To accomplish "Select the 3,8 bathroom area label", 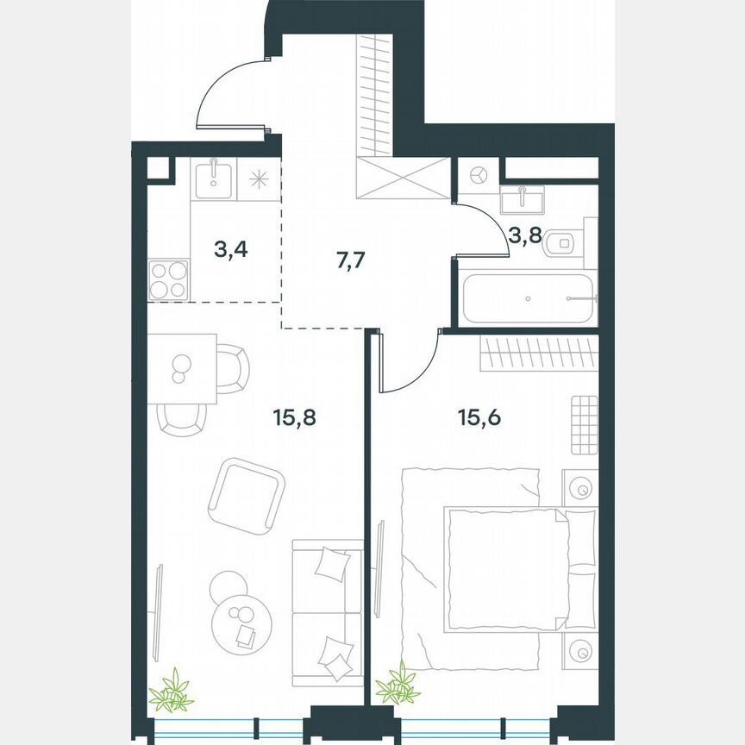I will pyautogui.click(x=524, y=235).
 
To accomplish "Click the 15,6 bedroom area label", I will pyautogui.click(x=479, y=419).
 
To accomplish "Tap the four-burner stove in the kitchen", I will pyautogui.click(x=167, y=279).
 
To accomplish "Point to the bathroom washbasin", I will pyautogui.click(x=523, y=200).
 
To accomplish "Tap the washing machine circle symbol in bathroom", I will pyautogui.click(x=478, y=175).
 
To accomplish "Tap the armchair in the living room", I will pyautogui.click(x=247, y=495).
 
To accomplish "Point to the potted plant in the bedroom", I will pyautogui.click(x=398, y=685).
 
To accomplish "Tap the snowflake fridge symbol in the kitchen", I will pyautogui.click(x=259, y=179).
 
